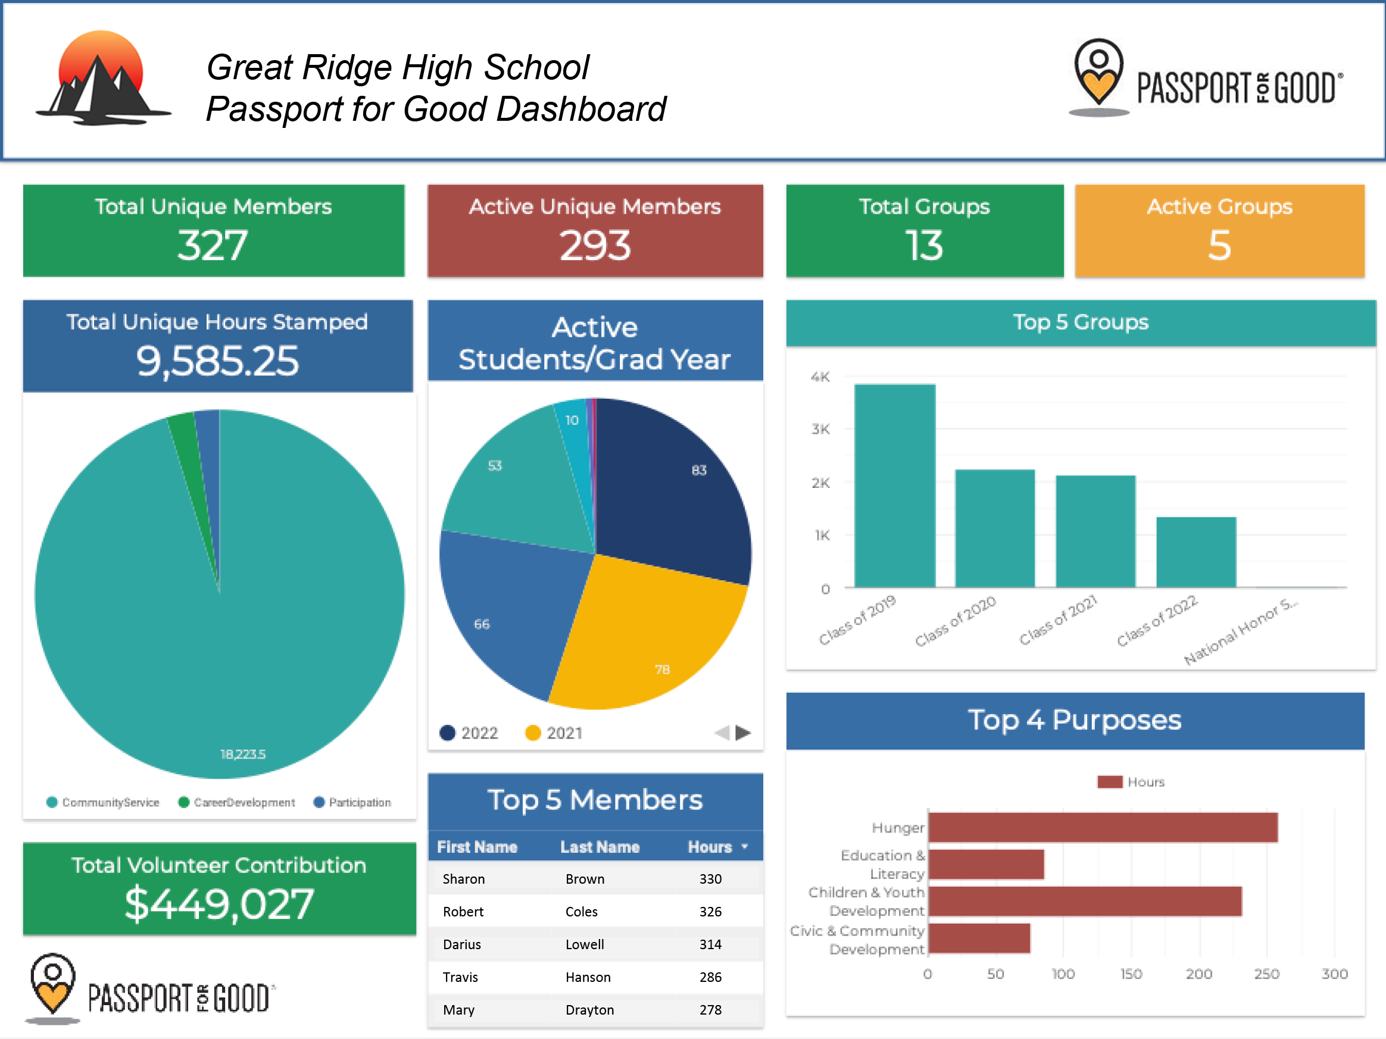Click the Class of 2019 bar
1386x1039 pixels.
tap(894, 486)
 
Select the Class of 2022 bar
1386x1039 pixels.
tap(1195, 552)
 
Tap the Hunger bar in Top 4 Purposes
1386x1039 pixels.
tap(1102, 827)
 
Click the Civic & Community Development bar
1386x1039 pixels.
tap(979, 938)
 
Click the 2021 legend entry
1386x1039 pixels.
tap(554, 733)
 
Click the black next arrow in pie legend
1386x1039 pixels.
tap(743, 732)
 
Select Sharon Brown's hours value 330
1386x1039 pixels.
tap(710, 879)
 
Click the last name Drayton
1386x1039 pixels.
tap(589, 1010)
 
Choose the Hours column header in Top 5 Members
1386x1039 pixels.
tap(710, 847)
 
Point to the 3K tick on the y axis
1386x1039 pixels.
tap(820, 430)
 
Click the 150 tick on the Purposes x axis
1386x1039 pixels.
tap(1131, 974)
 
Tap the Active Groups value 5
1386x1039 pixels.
tap(1219, 245)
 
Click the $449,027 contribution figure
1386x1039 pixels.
tap(219, 905)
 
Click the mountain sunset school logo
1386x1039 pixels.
tap(102, 79)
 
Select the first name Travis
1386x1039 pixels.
tap(461, 977)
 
